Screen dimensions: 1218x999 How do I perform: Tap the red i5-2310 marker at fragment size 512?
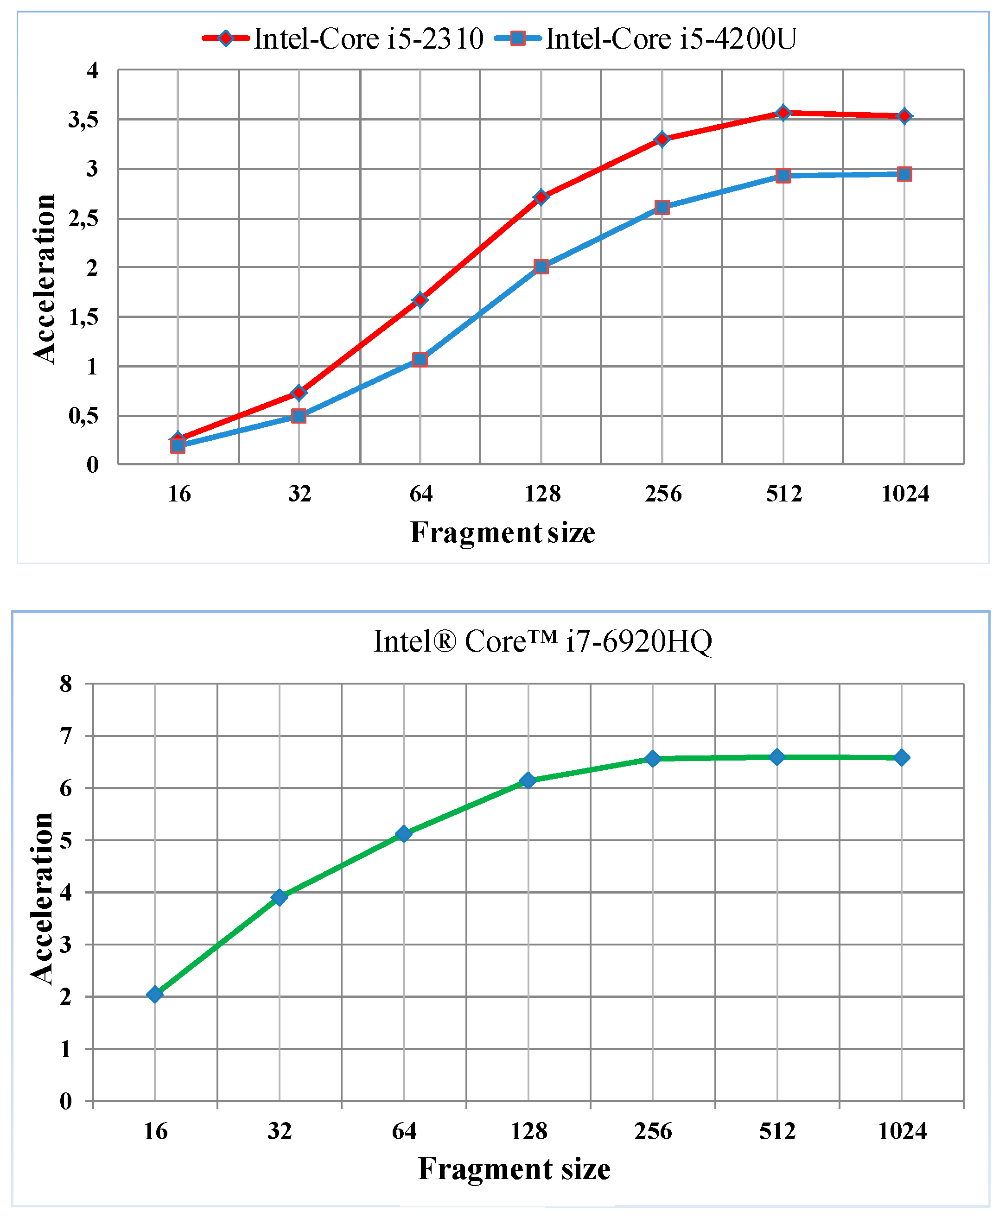[x=783, y=112]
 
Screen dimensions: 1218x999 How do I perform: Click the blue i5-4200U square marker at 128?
[x=541, y=266]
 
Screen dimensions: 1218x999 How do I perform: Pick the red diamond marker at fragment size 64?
[x=420, y=300]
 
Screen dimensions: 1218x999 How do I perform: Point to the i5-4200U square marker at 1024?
[x=904, y=174]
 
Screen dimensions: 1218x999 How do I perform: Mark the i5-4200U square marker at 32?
[x=299, y=415]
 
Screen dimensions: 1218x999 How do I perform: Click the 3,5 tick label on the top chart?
[x=83, y=120]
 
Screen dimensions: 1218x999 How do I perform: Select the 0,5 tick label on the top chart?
[x=83, y=416]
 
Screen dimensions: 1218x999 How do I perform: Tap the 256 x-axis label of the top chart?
[x=663, y=494]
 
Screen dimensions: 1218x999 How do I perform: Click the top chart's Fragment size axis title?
[x=503, y=532]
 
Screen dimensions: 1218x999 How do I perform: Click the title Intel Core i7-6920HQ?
[x=543, y=641]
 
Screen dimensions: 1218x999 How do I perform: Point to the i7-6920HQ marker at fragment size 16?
[x=155, y=994]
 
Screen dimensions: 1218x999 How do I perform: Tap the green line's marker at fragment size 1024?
[x=902, y=758]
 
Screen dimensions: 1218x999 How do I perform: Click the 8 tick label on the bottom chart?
[x=66, y=684]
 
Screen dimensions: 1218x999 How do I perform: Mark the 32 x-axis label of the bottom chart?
[x=280, y=1131]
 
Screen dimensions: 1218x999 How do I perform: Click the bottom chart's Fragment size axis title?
[x=514, y=1169]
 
